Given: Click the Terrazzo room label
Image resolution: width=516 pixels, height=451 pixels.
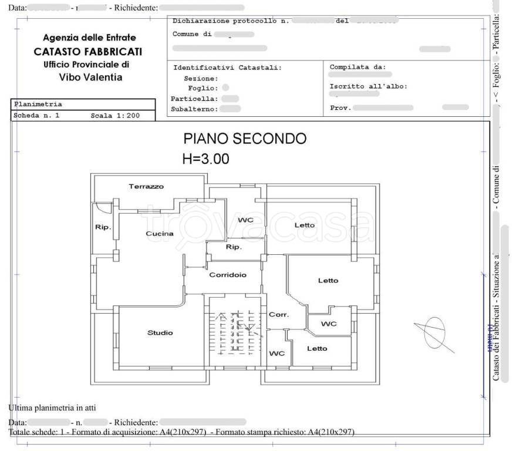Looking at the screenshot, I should [x=146, y=187].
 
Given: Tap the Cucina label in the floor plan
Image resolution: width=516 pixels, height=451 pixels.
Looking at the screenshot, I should [x=160, y=234].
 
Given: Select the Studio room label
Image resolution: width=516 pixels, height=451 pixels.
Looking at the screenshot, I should [x=160, y=333].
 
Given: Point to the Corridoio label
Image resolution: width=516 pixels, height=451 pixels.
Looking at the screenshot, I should [x=228, y=275].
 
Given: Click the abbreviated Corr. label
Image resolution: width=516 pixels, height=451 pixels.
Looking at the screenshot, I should [x=278, y=315].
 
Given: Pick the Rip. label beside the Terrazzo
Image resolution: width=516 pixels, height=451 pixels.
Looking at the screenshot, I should [x=103, y=228].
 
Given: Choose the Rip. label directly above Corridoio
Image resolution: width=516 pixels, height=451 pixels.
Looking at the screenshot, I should [x=234, y=247].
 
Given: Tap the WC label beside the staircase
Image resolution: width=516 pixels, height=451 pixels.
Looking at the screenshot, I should [x=276, y=354].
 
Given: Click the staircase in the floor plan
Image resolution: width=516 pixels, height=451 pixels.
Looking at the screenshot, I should [x=234, y=332].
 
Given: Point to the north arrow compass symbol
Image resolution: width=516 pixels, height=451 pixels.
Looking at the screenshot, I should [x=434, y=332].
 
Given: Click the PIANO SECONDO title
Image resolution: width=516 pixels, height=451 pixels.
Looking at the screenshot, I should [x=245, y=139].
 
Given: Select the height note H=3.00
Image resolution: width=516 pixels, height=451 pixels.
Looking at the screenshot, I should [x=206, y=159].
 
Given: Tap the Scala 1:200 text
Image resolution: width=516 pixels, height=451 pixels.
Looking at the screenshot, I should [x=115, y=116].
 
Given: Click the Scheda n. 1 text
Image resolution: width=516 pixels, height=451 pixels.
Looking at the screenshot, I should [x=36, y=116].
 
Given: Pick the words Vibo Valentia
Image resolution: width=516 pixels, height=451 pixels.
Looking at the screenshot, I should [x=91, y=77].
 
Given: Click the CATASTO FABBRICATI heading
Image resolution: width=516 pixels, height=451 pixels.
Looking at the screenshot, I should [x=88, y=52].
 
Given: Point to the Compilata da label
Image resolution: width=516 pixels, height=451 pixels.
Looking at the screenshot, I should [x=358, y=67].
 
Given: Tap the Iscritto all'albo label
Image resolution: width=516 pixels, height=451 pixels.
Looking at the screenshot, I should [x=368, y=86].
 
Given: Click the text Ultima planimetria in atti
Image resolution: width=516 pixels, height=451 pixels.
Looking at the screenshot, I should [x=52, y=408].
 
